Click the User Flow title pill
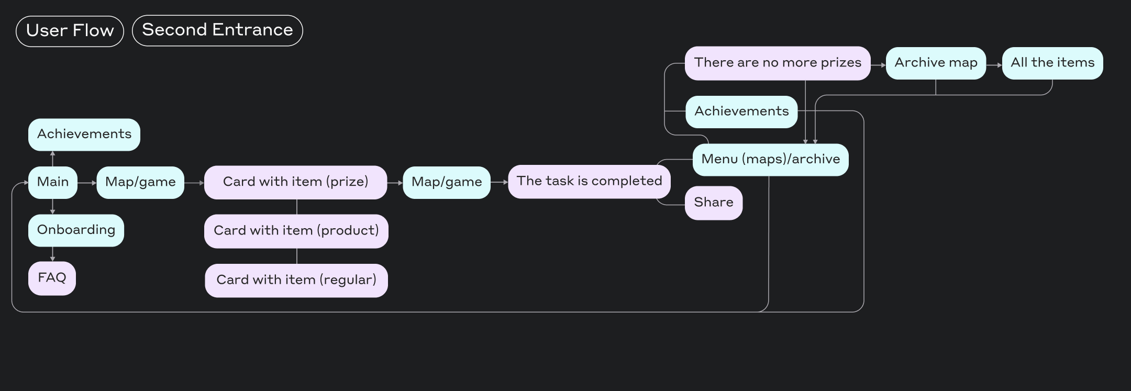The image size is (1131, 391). click(x=70, y=31)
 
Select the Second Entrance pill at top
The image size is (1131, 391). click(x=217, y=30)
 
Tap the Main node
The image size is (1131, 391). click(x=52, y=182)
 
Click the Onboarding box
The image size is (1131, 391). click(x=76, y=230)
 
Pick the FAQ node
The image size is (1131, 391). click(x=52, y=278)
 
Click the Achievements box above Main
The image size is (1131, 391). click(x=84, y=135)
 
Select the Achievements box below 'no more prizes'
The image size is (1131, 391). click(x=741, y=111)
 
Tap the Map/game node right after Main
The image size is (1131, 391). click(x=140, y=182)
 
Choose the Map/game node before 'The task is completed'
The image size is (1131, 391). click(x=447, y=182)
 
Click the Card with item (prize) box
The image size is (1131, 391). click(x=295, y=182)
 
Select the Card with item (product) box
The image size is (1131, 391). click(x=296, y=231)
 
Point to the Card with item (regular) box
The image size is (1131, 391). click(x=296, y=280)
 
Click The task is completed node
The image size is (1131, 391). click(x=589, y=181)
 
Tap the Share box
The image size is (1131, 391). click(x=713, y=203)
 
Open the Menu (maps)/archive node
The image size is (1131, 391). click(x=770, y=160)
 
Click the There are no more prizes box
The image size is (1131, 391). click(x=778, y=63)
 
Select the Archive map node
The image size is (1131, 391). click(x=936, y=63)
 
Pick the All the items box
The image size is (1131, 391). click(x=1052, y=63)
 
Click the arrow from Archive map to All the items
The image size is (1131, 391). click(x=994, y=65)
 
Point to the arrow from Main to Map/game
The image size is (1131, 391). click(x=87, y=183)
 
